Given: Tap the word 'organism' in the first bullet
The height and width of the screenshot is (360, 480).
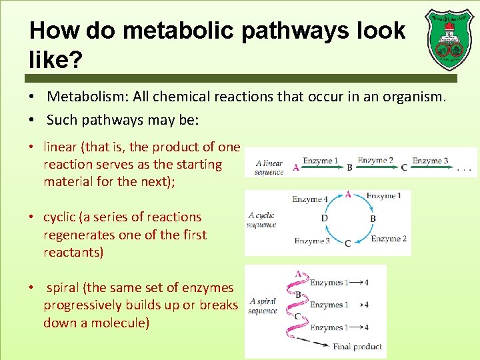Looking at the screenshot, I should [411, 97].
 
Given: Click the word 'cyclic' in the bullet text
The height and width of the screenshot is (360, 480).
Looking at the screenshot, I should [62, 217].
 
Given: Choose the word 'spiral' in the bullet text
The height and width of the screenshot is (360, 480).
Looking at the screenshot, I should [65, 288].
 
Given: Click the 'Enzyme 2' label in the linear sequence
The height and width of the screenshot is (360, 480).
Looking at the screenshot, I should [375, 160].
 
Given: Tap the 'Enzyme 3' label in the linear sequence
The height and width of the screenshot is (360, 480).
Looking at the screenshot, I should [430, 160].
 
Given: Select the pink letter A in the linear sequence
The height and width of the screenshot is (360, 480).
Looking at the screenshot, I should [295, 168].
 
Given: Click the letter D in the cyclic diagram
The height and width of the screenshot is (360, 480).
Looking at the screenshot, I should [324, 219].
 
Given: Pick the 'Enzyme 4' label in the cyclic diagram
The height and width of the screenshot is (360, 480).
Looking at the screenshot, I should [310, 199].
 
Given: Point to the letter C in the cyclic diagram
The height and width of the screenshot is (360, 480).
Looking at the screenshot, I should [347, 243].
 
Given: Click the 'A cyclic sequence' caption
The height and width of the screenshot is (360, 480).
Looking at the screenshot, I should [261, 220].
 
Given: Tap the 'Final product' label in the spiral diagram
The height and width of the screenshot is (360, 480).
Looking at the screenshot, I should [358, 346].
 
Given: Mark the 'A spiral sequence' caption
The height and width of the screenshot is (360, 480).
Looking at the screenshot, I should [262, 306].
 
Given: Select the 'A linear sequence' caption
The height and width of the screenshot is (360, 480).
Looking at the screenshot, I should [269, 167].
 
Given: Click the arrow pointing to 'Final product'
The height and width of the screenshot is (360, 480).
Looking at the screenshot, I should [313, 343].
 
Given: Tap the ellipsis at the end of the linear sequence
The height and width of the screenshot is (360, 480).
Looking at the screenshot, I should [465, 169].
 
